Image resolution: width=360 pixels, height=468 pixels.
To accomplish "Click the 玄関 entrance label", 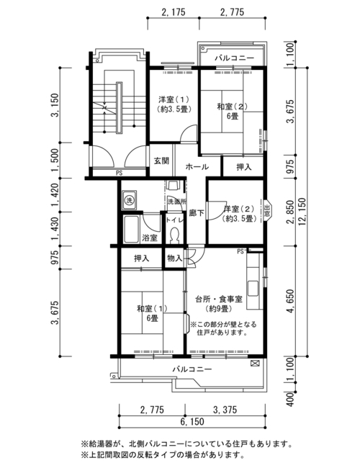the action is pyautogui.click(x=161, y=161).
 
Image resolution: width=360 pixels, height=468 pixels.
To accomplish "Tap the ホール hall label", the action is pyautogui.click(x=197, y=167).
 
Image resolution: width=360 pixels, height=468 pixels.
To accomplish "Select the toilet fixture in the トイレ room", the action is pyautogui.click(x=174, y=235).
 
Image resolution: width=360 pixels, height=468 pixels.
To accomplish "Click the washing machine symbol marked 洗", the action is pyautogui.click(x=129, y=199).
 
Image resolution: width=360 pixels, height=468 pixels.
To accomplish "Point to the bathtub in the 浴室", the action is pyautogui.click(x=131, y=230).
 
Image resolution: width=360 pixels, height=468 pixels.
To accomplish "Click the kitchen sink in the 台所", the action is pyautogui.click(x=253, y=288).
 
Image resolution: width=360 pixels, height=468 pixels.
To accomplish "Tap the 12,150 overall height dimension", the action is pyautogui.click(x=302, y=212).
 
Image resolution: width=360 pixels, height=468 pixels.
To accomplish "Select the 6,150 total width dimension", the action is pyautogui.click(x=192, y=422).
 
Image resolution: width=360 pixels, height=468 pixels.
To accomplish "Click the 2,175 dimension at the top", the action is pyautogui.click(x=174, y=12).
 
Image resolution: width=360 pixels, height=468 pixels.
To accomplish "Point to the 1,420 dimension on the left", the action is pyautogui.click(x=55, y=195).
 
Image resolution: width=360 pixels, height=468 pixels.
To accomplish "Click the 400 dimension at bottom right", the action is pyautogui.click(x=290, y=399).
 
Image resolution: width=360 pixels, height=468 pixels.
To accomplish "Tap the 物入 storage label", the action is pyautogui.click(x=175, y=258).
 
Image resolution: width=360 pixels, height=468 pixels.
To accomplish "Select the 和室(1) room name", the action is pyautogui.click(x=152, y=308).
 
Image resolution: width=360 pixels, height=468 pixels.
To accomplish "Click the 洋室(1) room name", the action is pyautogui.click(x=174, y=99).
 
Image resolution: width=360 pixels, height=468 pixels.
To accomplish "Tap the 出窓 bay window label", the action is pyautogui.click(x=267, y=210).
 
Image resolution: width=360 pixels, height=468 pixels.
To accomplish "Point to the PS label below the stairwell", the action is pyautogui.click(x=119, y=173).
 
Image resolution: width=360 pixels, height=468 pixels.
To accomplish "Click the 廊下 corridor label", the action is pyautogui.click(x=197, y=213).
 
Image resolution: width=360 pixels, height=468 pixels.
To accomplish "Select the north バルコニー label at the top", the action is pyautogui.click(x=234, y=58).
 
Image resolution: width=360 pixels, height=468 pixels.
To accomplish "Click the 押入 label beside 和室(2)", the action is pyautogui.click(x=244, y=167).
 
